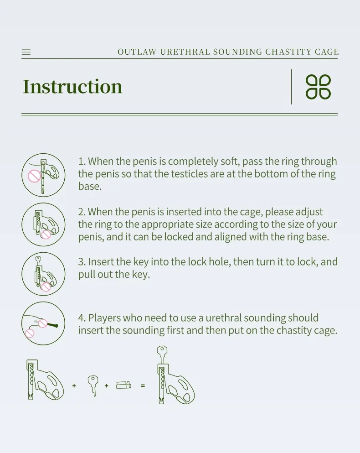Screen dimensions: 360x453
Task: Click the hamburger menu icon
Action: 26,52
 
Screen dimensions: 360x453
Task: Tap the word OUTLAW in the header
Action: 137,52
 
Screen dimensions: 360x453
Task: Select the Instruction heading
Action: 72,86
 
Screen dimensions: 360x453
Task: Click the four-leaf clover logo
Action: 318,87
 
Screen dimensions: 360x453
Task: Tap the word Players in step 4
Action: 104,318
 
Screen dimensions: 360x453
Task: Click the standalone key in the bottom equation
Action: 93,385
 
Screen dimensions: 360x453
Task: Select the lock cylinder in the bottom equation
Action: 123,385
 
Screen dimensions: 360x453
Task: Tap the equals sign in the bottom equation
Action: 143,385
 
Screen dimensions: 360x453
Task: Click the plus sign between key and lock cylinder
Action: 107,385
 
